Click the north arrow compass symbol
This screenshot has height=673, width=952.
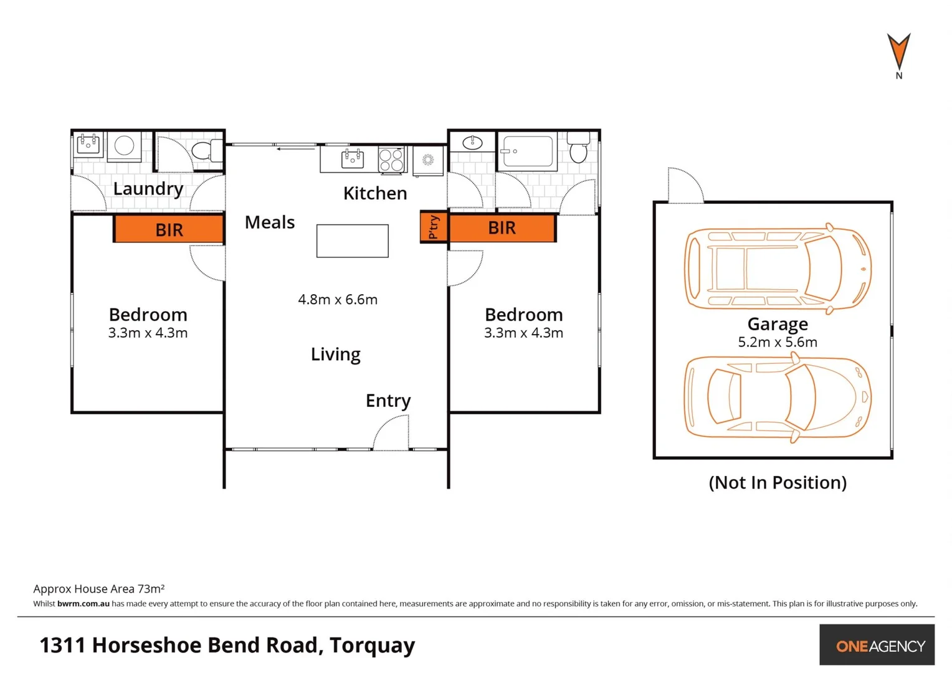tap(898, 52)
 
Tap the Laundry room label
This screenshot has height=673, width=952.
tap(148, 188)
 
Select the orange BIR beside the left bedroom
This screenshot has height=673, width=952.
tap(169, 229)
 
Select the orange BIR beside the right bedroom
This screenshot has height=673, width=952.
tap(502, 228)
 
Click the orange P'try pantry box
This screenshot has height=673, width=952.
tap(434, 227)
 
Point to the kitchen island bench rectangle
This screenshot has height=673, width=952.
tap(352, 241)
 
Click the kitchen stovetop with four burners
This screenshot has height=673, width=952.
tap(391, 160)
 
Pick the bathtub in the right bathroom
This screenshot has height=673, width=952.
tap(528, 151)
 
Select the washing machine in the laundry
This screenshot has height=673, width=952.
tap(124, 146)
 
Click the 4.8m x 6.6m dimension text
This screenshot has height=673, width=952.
tap(338, 300)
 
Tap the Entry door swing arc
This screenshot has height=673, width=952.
tap(391, 432)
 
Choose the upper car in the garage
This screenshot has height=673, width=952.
tap(777, 269)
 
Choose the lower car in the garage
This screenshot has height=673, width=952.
tap(777, 397)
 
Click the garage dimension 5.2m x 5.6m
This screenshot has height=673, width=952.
tap(777, 342)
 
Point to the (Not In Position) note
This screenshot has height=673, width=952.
tap(777, 482)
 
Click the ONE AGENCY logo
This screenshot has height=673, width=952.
tap(879, 646)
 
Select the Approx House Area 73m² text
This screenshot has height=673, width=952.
tap(98, 588)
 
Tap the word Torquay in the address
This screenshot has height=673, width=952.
tap(372, 646)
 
